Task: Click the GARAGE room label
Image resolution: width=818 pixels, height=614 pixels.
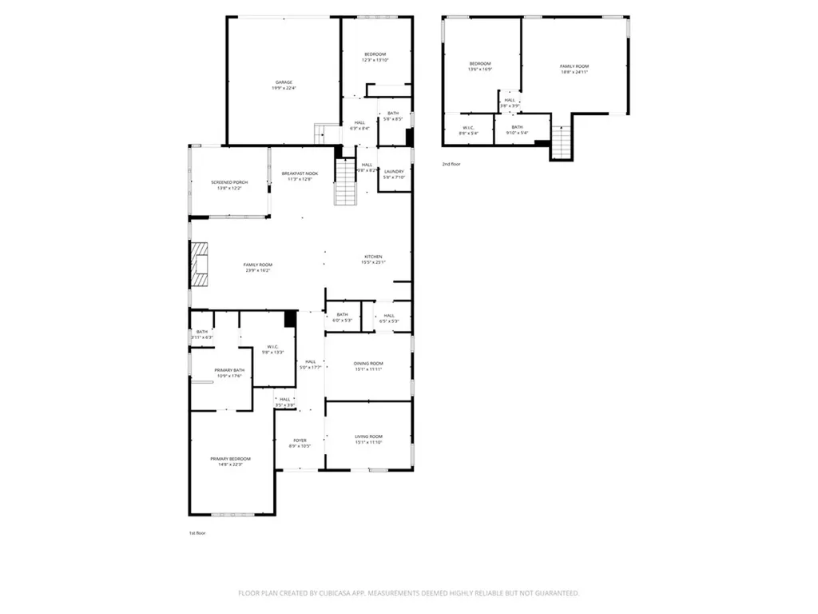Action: (x=284, y=82)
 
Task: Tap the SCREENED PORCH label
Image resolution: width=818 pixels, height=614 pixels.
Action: (x=229, y=182)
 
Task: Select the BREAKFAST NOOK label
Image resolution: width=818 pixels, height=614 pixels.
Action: (x=300, y=173)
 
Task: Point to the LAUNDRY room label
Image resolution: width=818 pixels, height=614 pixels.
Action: (x=394, y=171)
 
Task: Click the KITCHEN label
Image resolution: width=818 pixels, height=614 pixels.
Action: (x=373, y=257)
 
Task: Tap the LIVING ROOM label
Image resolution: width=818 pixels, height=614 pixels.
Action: (x=368, y=437)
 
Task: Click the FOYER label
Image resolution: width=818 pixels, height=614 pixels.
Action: (x=300, y=441)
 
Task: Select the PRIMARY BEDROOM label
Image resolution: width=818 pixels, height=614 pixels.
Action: (x=230, y=459)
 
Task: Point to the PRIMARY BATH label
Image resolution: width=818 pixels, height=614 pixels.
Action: (x=228, y=370)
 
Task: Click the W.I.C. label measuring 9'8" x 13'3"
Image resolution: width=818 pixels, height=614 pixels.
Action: (x=272, y=347)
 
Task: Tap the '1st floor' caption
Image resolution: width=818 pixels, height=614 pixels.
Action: (x=197, y=532)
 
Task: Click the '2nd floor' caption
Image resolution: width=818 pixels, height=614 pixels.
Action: (x=451, y=164)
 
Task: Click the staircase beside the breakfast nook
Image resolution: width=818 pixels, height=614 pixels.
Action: (x=344, y=182)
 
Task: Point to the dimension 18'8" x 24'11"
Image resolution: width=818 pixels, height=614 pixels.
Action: (x=574, y=72)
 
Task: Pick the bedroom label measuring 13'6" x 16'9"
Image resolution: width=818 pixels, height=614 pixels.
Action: (x=480, y=63)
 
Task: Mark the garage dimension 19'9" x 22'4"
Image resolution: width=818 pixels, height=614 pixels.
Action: (x=284, y=88)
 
